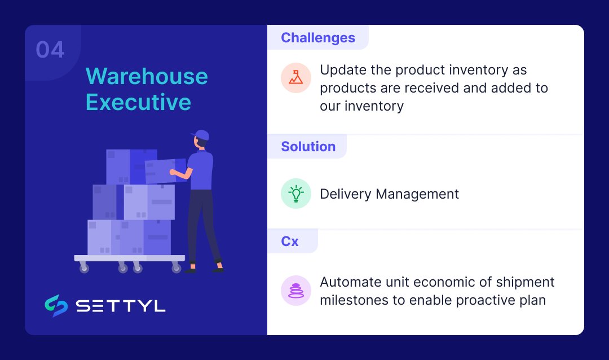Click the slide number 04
click(x=50, y=50)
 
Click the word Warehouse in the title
click(x=147, y=76)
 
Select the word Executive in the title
click(x=138, y=103)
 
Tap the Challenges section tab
click(x=318, y=38)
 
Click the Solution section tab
click(x=308, y=147)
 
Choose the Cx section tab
click(x=290, y=241)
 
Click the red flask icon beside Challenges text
click(x=295, y=77)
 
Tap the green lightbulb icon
click(x=295, y=194)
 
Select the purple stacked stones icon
click(x=295, y=291)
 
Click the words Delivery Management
click(x=389, y=194)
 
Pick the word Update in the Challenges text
click(x=339, y=70)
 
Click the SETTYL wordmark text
click(x=121, y=306)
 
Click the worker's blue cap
click(x=200, y=135)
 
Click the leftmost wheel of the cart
click(x=84, y=268)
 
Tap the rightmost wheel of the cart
click(x=176, y=268)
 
